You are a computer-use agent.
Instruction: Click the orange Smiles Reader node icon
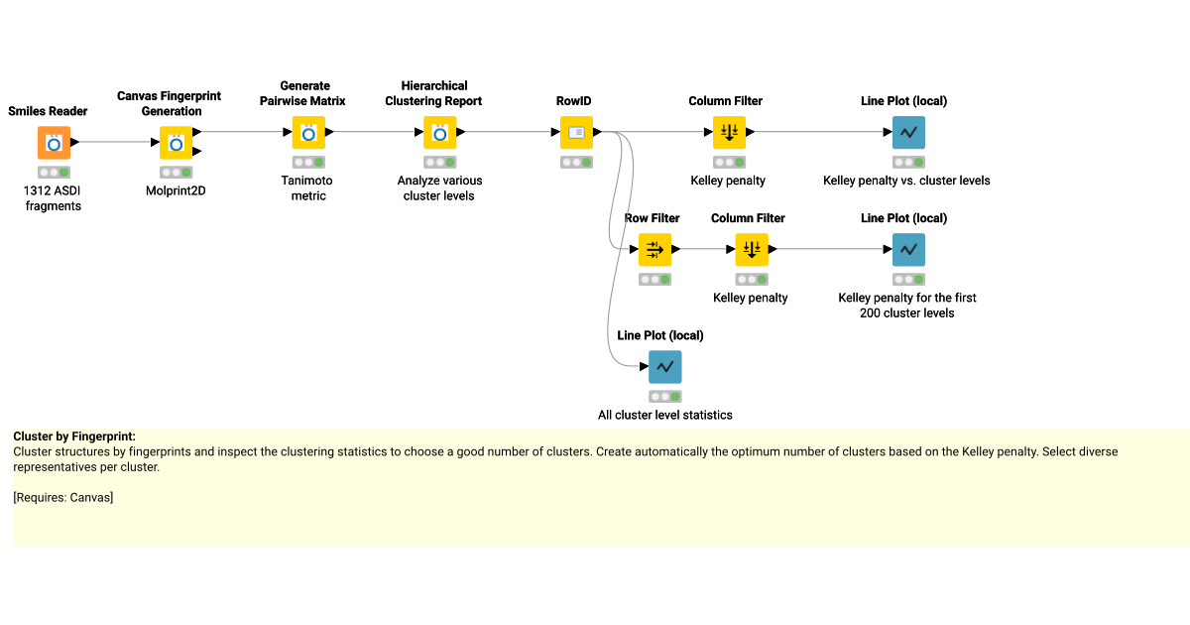(x=54, y=143)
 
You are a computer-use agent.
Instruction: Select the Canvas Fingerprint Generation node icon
(x=177, y=143)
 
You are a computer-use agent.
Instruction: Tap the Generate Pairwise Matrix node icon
(x=308, y=132)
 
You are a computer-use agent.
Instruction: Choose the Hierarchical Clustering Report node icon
(x=440, y=132)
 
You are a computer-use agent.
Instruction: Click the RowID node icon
(x=576, y=132)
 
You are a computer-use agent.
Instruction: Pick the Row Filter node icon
(x=654, y=250)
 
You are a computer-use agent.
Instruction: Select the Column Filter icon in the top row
(x=729, y=132)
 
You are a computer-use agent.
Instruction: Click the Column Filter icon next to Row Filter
(x=752, y=250)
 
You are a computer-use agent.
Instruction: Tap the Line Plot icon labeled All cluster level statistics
(x=664, y=367)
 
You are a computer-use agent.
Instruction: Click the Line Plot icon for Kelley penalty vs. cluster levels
(x=907, y=132)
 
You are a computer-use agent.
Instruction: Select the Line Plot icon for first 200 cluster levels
(x=907, y=250)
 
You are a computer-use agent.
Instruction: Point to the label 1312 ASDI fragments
(x=54, y=198)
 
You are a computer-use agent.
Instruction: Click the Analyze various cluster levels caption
(x=438, y=187)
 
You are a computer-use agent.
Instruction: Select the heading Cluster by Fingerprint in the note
(x=74, y=437)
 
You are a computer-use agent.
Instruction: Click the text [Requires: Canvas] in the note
(x=63, y=497)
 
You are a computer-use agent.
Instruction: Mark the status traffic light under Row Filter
(x=654, y=280)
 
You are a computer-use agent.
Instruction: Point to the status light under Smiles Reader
(x=54, y=172)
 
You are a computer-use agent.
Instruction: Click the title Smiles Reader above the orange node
(x=48, y=111)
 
